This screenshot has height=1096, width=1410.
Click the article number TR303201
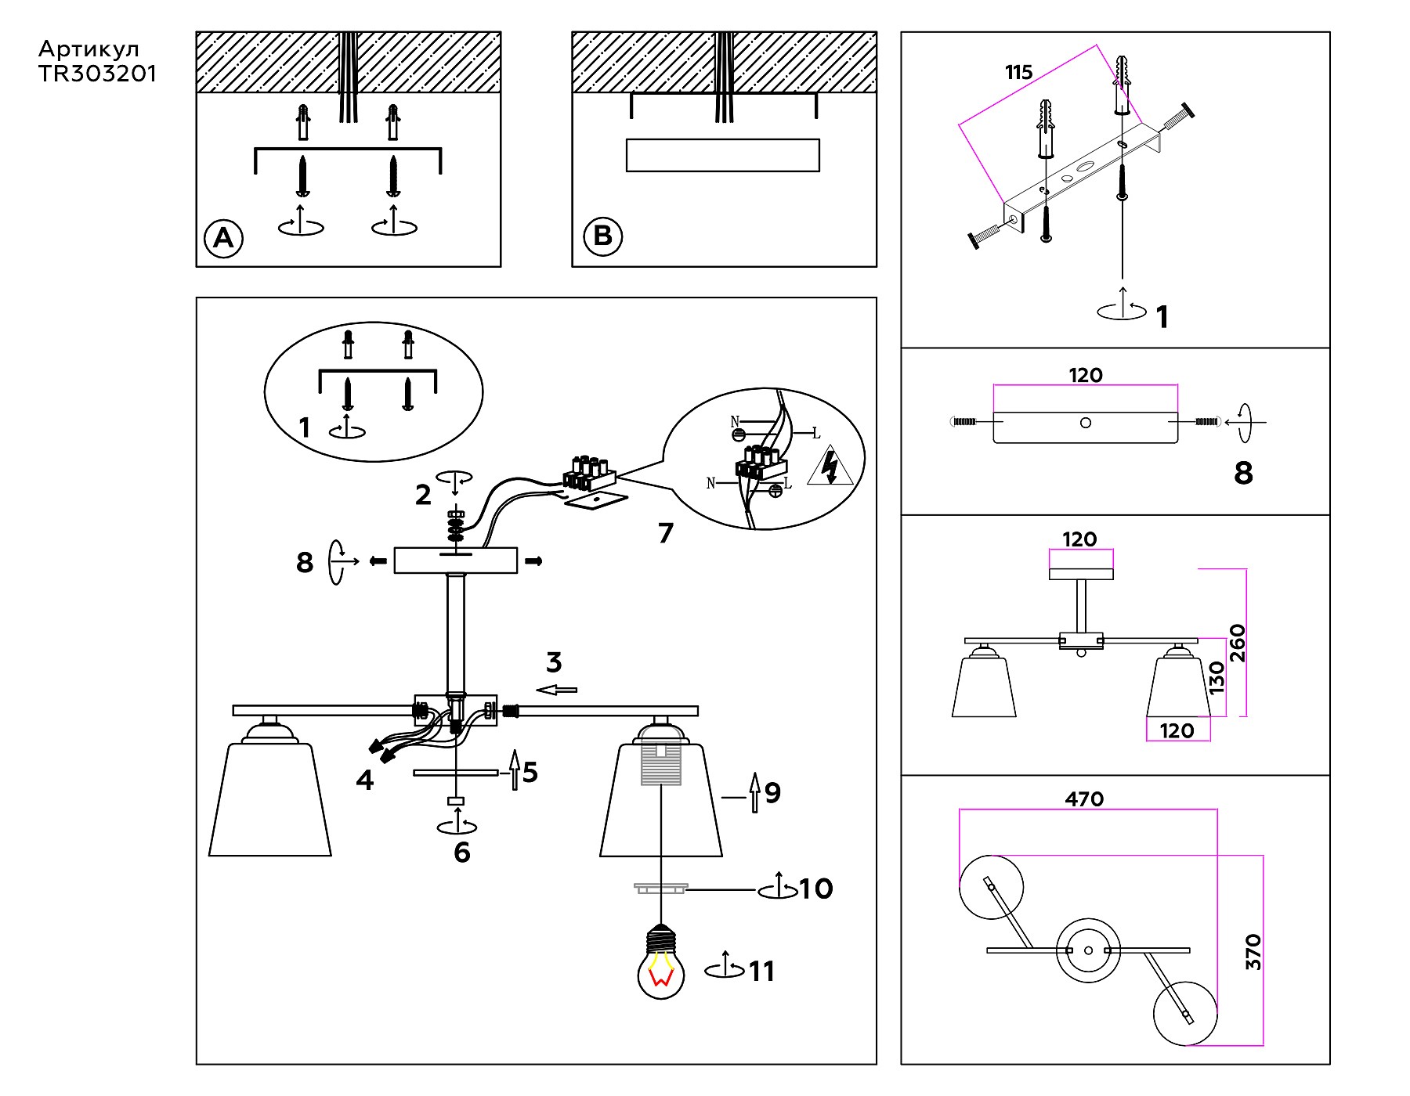pyautogui.click(x=97, y=74)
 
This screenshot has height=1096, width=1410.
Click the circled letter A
pyautogui.click(x=223, y=237)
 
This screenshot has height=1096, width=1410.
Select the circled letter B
pyautogui.click(x=602, y=236)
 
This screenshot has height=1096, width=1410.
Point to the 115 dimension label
pyautogui.click(x=1018, y=73)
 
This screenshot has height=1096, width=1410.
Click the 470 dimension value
pyautogui.click(x=1084, y=799)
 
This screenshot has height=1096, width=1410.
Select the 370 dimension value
pyautogui.click(x=1253, y=951)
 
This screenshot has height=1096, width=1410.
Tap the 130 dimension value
pyautogui.click(x=1216, y=678)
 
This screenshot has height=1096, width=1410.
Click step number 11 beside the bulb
pyautogui.click(x=762, y=972)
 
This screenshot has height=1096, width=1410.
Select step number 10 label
pyautogui.click(x=815, y=889)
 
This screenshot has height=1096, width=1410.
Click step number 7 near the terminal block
pyautogui.click(x=665, y=533)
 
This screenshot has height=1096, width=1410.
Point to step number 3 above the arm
pyautogui.click(x=554, y=662)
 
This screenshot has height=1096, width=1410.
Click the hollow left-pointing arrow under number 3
pyautogui.click(x=557, y=690)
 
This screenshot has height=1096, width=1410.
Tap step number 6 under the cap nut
pyautogui.click(x=462, y=853)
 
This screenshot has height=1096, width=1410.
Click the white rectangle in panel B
pyautogui.click(x=722, y=155)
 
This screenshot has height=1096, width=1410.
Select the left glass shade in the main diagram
pyautogui.click(x=269, y=799)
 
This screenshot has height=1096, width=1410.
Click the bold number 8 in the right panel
pyautogui.click(x=1243, y=473)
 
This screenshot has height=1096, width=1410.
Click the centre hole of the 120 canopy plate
pyautogui.click(x=1085, y=423)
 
